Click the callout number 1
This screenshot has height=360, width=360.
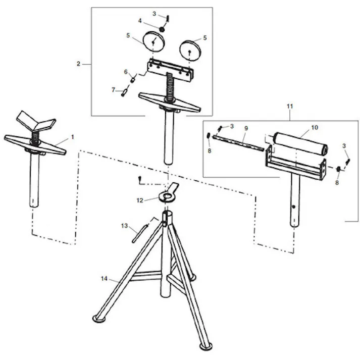point(72,136)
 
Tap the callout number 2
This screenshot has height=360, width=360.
point(79,64)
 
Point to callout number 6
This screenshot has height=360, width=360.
point(127,72)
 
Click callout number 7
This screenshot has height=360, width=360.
point(114,89)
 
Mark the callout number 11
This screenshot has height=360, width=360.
point(290,107)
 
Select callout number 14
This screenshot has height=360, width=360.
point(104,278)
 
